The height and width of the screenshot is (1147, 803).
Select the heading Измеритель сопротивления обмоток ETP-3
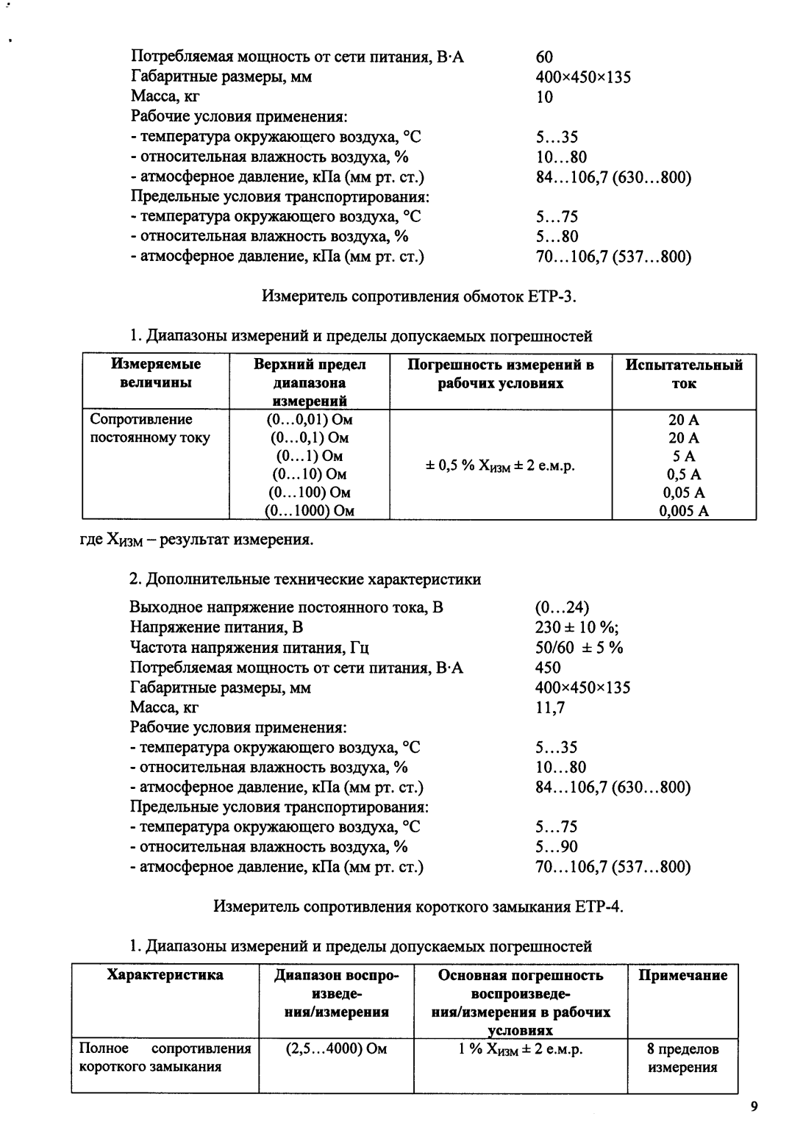419,296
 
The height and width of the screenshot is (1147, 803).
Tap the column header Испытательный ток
684,374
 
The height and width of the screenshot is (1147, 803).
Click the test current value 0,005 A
684,511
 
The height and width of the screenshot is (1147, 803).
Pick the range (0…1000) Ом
310,511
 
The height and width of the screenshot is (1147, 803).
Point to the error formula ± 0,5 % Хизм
501,465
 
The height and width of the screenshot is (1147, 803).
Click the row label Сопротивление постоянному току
150,429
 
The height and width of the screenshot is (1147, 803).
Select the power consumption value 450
548,668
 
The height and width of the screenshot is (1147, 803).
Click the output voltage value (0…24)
562,607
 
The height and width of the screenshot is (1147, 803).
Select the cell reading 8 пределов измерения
682,1058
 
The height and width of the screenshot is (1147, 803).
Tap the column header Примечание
682,976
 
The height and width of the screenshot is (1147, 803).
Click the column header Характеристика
165,976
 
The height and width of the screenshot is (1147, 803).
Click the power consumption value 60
545,57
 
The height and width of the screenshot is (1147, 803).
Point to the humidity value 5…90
557,847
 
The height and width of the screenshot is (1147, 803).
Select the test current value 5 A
684,456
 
